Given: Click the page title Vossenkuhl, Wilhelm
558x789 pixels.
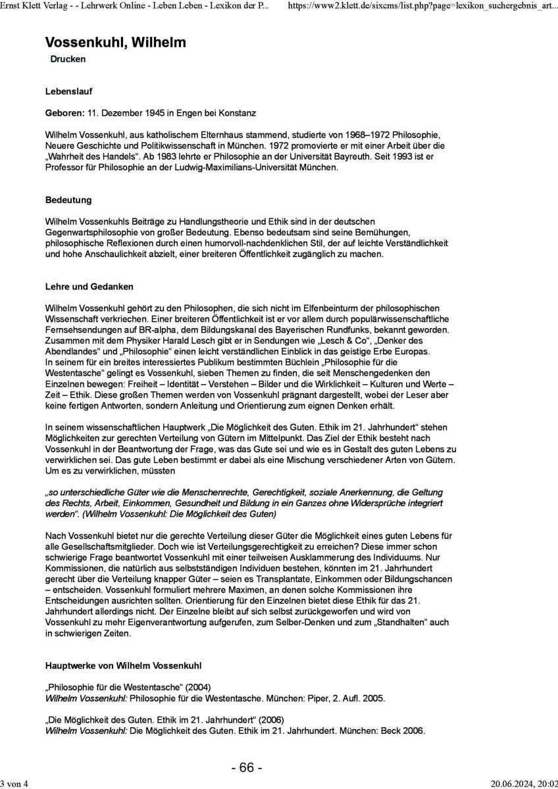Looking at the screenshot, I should point(115,43).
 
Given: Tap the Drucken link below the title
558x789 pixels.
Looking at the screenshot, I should point(68,59).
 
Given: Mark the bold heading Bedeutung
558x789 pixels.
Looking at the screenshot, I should point(68,199).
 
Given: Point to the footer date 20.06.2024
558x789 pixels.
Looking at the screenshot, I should point(511,782).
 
